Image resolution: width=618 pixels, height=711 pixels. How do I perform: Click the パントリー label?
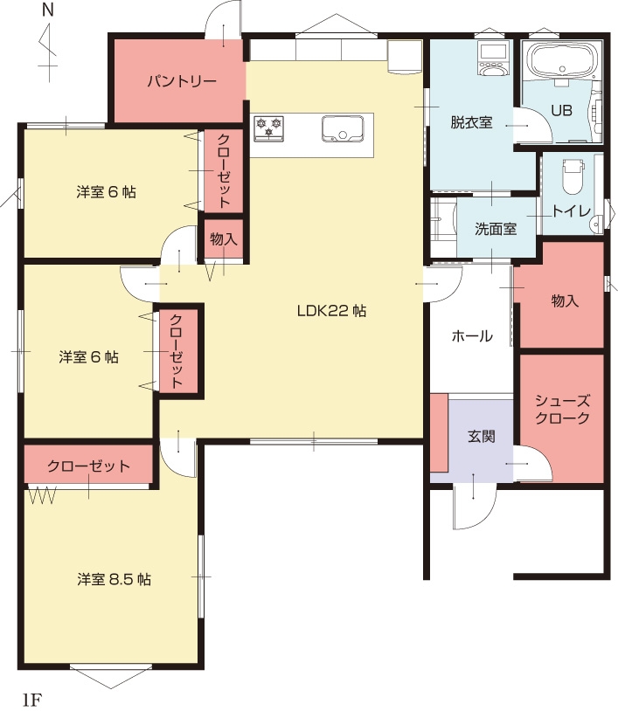[x=182, y=81]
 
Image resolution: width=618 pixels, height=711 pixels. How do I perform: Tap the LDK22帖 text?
[x=331, y=311]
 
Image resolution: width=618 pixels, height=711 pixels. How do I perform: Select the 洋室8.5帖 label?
[x=114, y=579]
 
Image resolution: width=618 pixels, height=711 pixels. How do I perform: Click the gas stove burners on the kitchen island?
[x=268, y=128]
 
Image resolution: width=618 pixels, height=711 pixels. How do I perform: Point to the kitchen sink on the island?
[x=343, y=129]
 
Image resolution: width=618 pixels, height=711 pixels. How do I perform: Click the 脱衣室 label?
[x=471, y=122]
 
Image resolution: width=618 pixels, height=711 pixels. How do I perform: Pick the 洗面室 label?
[x=496, y=229]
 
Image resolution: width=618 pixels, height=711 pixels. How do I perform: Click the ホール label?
[x=472, y=336]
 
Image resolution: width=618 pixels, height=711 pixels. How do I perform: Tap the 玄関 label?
[x=481, y=436]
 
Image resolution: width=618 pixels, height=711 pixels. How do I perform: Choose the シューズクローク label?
[x=562, y=410]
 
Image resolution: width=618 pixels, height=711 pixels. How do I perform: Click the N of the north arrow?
[x=47, y=10]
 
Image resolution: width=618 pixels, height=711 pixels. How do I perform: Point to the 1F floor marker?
[x=31, y=700]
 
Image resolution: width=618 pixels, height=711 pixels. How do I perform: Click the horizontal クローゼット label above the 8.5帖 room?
[x=88, y=466]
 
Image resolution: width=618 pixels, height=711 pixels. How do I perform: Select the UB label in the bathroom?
[x=561, y=111]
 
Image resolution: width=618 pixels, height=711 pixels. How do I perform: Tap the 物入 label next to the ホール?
[x=565, y=300]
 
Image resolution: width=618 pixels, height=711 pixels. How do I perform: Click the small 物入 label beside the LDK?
[x=224, y=239]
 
